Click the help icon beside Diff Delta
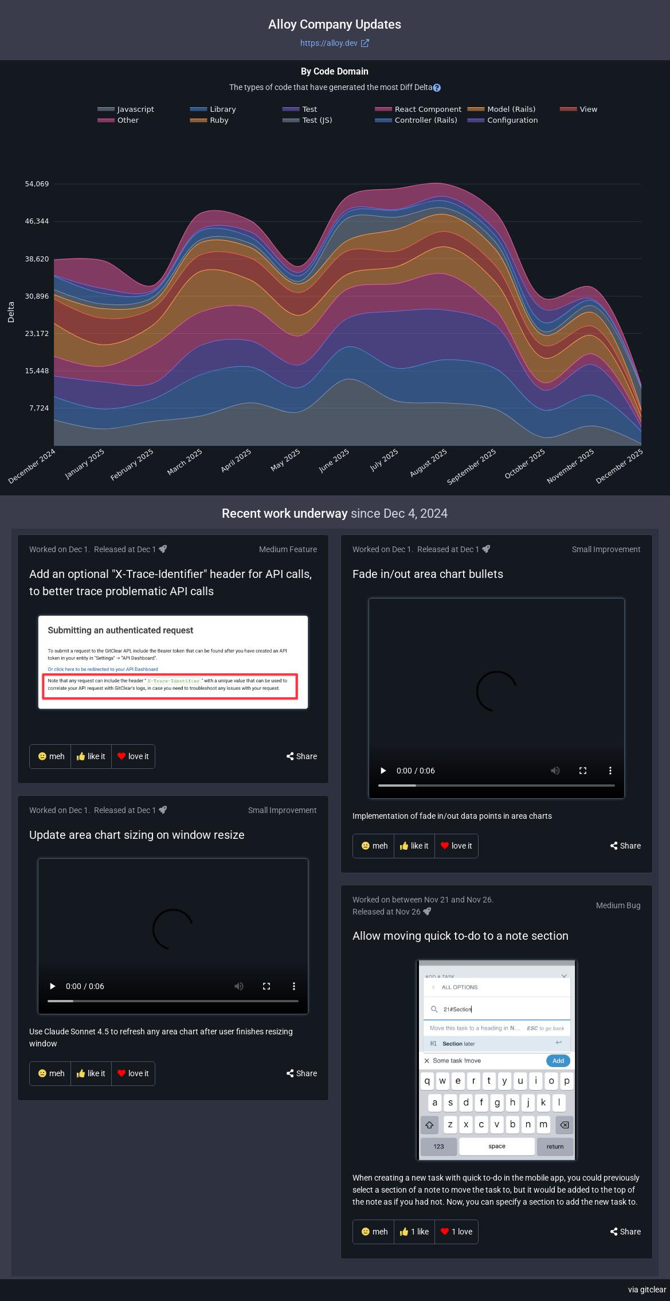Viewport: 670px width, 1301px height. click(x=437, y=88)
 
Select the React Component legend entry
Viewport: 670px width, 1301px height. click(x=427, y=109)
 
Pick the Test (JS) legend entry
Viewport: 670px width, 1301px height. click(x=316, y=120)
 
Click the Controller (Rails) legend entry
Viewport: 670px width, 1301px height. click(x=425, y=120)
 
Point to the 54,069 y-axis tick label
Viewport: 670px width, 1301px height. click(x=37, y=184)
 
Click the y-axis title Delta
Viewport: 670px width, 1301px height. click(x=11, y=312)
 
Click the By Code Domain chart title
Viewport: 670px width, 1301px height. click(x=335, y=71)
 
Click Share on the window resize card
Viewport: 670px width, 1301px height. click(x=301, y=1073)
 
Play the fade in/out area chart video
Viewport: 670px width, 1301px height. click(x=383, y=771)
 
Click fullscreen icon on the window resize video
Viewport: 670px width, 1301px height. click(x=267, y=986)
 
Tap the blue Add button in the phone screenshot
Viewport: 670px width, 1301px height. click(x=558, y=1061)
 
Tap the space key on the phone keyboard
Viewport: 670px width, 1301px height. click(x=496, y=1146)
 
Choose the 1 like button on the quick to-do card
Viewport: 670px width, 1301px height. click(x=414, y=1232)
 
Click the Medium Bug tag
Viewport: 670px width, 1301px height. click(x=618, y=905)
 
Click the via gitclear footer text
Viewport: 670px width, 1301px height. click(x=647, y=1290)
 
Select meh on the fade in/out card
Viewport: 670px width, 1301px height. click(x=374, y=846)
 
